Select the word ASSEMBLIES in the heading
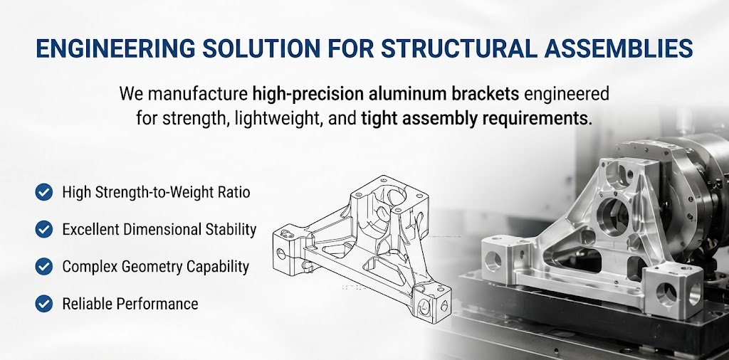[x=619, y=48]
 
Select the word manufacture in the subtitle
[x=198, y=94]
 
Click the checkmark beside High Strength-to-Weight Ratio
[x=43, y=192]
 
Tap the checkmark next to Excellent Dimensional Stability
[x=43, y=229]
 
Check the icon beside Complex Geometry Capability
[x=43, y=266]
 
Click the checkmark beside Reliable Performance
[x=43, y=303]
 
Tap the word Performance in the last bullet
[x=157, y=304]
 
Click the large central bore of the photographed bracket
[x=613, y=216]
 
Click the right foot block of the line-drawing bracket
[x=432, y=302]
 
